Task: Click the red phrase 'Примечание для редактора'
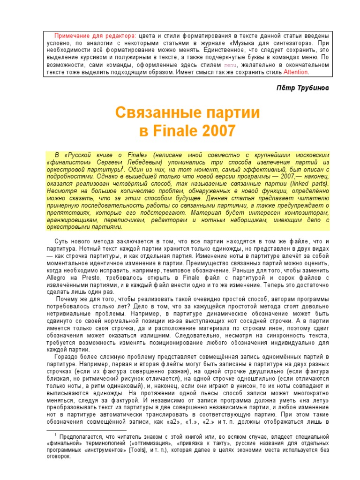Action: pyautogui.click(x=95, y=36)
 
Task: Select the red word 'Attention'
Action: pyautogui.click(x=296, y=73)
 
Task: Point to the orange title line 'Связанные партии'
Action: pyautogui.click(x=187, y=113)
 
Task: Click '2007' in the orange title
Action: pyautogui.click(x=218, y=131)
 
